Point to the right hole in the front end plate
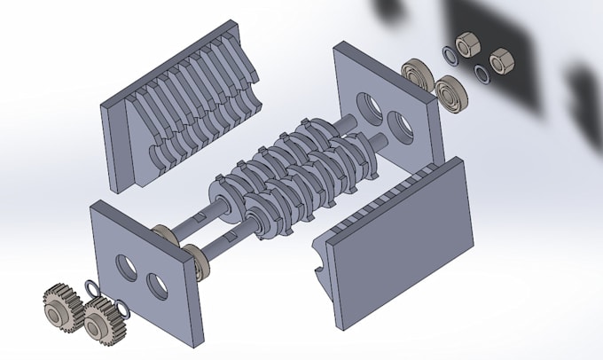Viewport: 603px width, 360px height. click(158, 286)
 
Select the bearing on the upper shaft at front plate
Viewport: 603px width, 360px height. click(162, 235)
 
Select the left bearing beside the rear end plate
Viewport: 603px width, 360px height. click(415, 73)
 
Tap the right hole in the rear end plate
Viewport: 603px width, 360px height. click(402, 127)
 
